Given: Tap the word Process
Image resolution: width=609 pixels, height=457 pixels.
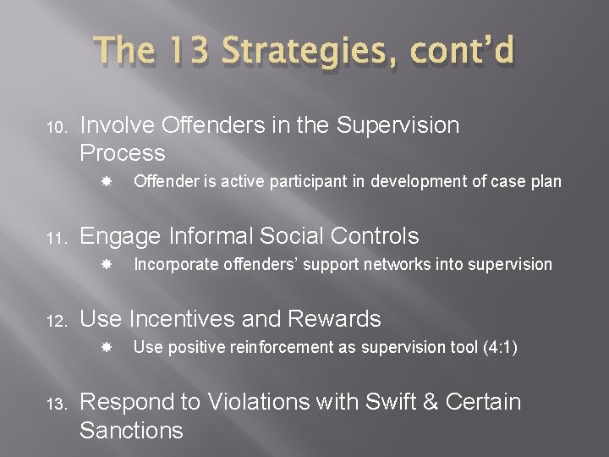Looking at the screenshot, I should coord(122,153).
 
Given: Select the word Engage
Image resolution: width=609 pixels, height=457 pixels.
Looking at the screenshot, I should coord(120,236).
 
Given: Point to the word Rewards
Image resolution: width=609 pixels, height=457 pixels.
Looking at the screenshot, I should coord(335,318).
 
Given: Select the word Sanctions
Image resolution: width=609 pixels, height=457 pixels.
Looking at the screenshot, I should coord(131,430).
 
